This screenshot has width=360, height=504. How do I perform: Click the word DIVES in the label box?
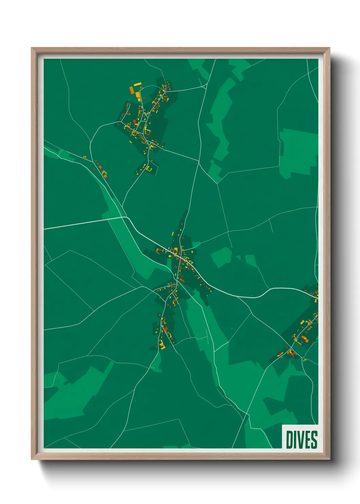coord(301,440)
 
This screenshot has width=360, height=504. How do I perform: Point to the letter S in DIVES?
coord(314,440)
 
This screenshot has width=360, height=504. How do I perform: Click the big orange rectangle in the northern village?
coord(132,90)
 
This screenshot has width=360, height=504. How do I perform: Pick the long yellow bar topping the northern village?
coord(137,84)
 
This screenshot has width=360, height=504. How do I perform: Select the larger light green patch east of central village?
coord(221,257)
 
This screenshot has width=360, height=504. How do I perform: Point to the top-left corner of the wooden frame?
coord(32,48)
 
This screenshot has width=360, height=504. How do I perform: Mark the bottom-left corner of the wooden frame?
coord(32,459)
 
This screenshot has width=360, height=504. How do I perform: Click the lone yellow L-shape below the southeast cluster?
coord(305,360)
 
